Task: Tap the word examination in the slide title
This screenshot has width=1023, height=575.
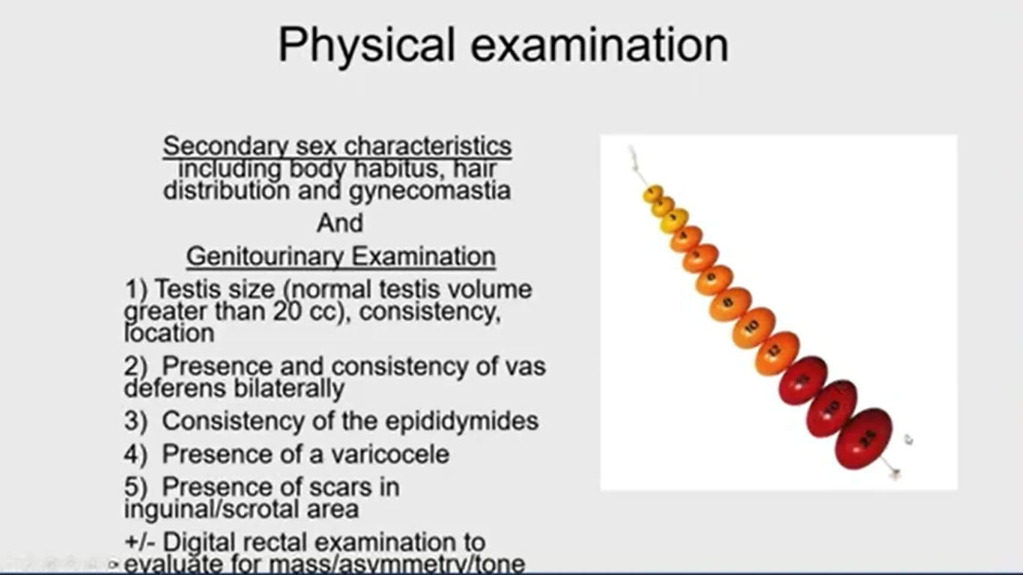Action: tap(599, 45)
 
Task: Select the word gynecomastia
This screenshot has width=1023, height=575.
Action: tap(429, 191)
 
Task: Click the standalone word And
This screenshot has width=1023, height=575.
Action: tap(340, 223)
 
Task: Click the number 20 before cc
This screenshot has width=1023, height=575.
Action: tap(288, 311)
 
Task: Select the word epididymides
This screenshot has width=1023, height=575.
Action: tap(462, 422)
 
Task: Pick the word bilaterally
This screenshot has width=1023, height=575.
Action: tap(288, 389)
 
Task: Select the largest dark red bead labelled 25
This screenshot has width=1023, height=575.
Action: tap(863, 439)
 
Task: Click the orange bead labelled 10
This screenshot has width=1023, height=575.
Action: tap(753, 328)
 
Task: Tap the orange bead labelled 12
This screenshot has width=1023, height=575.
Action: tap(777, 353)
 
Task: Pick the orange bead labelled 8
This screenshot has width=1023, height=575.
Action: tap(729, 304)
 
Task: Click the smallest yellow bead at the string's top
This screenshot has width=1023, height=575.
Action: tap(652, 194)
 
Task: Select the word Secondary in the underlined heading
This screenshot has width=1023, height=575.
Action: tap(225, 146)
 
